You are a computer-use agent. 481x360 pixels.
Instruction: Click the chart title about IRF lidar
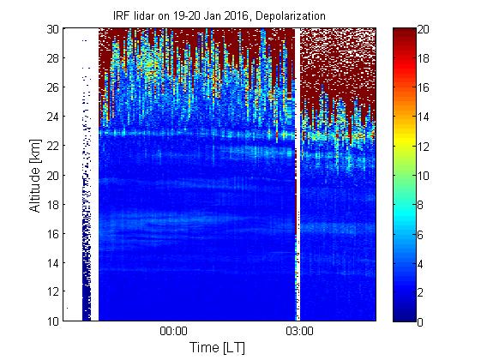(219, 16)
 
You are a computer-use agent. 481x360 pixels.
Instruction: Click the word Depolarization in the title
(290, 16)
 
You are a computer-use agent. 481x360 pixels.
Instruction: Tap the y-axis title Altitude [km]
(35, 176)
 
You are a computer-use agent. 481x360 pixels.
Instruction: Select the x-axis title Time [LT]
(217, 347)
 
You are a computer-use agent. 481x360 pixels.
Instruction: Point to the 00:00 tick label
(173, 331)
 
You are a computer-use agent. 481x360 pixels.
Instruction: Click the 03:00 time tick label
(299, 331)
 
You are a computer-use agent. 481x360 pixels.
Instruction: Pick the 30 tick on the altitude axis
(52, 29)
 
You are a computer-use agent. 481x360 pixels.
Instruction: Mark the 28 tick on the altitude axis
(52, 58)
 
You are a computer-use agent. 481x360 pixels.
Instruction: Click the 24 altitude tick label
(52, 117)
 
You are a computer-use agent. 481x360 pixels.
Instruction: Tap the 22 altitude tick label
(52, 146)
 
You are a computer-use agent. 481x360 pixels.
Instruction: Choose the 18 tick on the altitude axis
(52, 205)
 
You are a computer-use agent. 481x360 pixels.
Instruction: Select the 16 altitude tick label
(52, 234)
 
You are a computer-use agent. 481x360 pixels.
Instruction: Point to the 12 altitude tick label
(52, 291)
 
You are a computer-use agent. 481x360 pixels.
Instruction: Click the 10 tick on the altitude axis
(52, 321)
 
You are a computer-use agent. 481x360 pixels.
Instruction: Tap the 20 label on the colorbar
(423, 29)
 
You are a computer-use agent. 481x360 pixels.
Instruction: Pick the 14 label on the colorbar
(423, 117)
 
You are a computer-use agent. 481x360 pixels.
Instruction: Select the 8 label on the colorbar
(420, 205)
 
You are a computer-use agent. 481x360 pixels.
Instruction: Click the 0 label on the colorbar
(420, 322)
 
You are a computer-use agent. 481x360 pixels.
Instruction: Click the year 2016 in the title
(236, 16)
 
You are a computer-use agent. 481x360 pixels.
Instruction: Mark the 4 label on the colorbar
(420, 264)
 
